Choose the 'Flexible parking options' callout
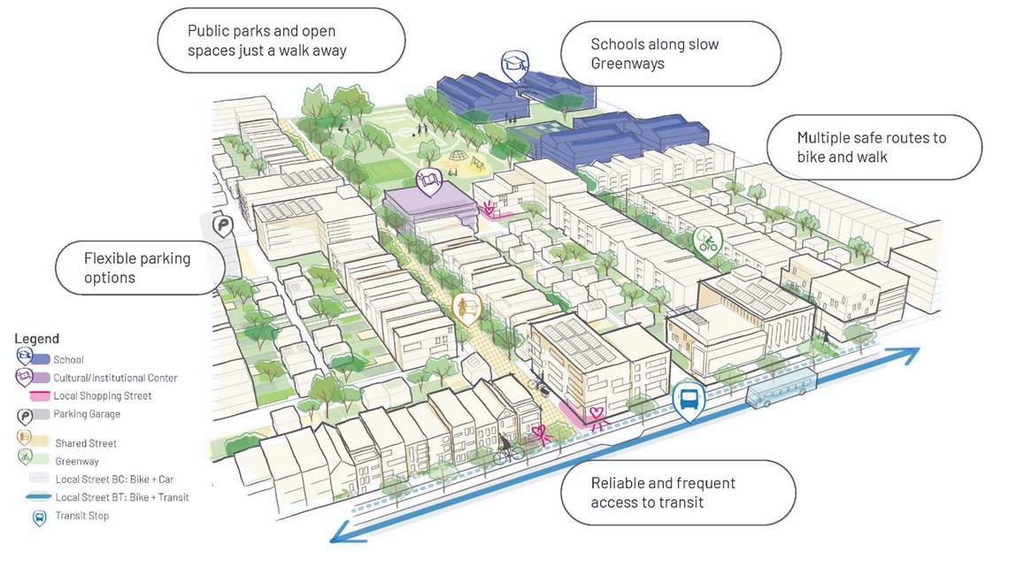coord(136,268)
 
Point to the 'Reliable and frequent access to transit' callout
coord(677,493)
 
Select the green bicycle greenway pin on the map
coord(706,241)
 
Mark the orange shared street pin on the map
coord(464,307)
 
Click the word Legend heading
coord(37,339)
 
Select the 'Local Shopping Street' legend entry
coord(102,396)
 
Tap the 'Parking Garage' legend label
coord(87,414)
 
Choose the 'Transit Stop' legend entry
coord(81,516)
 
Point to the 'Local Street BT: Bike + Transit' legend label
coord(122,497)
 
